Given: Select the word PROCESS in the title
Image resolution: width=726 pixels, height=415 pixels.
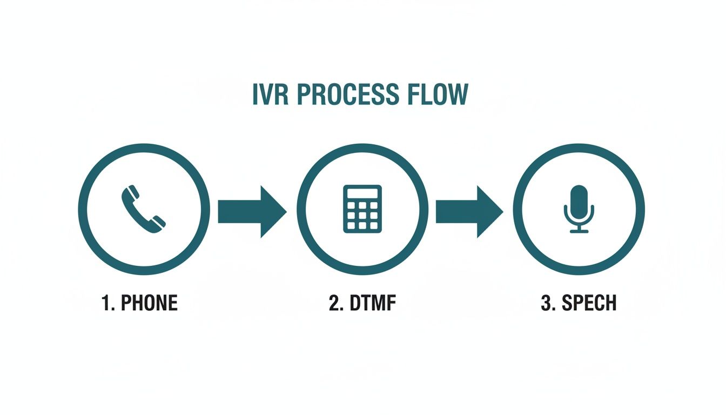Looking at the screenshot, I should click(x=344, y=95).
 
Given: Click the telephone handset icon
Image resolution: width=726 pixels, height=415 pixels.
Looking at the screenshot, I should click(x=144, y=209).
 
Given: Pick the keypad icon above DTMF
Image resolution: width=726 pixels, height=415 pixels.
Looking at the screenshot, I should click(x=362, y=209).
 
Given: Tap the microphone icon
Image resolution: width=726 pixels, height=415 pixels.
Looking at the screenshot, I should click(x=579, y=209).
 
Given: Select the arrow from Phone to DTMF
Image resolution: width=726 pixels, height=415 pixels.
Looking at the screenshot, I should click(x=251, y=211).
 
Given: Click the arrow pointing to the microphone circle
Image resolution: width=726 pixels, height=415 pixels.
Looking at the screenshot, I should click(x=469, y=211).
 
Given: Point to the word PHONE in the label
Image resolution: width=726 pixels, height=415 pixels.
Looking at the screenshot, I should click(x=149, y=303).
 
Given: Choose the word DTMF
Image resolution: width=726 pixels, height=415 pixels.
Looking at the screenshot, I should click(x=374, y=303).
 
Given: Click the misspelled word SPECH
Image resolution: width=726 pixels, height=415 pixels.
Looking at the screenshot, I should click(x=589, y=303).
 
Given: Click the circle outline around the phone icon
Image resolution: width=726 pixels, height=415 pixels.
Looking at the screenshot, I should click(x=83, y=209).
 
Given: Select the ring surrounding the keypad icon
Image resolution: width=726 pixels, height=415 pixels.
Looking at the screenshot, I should click(x=301, y=209).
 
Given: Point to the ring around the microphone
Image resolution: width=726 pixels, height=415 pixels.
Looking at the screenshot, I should click(x=517, y=209).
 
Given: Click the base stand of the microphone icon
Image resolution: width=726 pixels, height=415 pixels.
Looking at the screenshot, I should click(x=579, y=231).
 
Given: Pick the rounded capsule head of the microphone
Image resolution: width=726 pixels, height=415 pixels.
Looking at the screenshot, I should click(x=579, y=199).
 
